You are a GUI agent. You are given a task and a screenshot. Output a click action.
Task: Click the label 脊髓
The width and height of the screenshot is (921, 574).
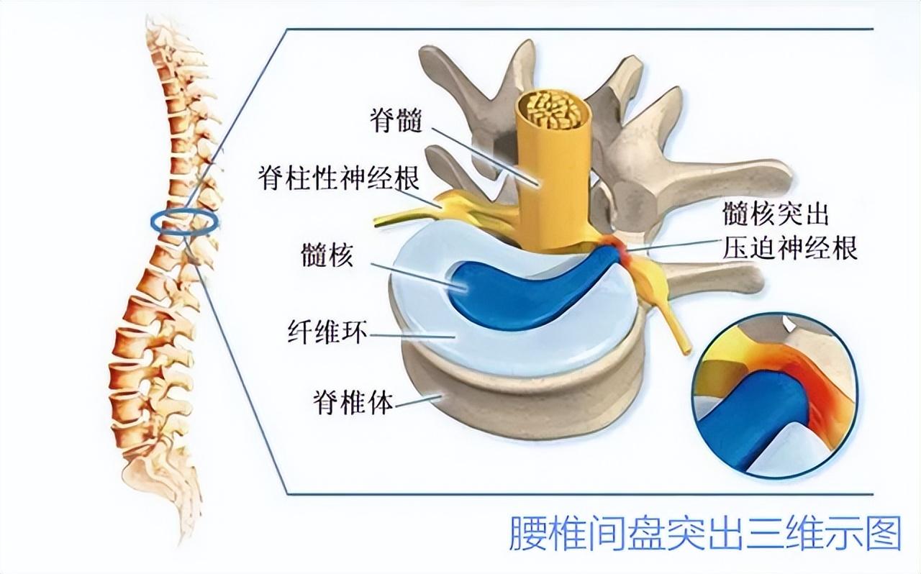[396, 120]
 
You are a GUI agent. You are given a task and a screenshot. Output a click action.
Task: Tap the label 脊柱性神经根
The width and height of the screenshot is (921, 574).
[339, 178]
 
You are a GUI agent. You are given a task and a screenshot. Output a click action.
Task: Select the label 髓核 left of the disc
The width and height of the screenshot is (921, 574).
[327, 255]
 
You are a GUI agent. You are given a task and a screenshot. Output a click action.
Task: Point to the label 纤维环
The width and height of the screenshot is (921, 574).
[327, 332]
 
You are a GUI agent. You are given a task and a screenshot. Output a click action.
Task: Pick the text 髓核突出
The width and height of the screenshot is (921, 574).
[776, 214]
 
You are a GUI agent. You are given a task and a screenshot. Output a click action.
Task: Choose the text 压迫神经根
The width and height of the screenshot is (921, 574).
[790, 247]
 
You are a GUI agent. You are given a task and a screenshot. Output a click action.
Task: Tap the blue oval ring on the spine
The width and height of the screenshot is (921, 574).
[184, 222]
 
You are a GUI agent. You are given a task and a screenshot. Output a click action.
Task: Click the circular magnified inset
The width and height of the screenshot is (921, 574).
[776, 396]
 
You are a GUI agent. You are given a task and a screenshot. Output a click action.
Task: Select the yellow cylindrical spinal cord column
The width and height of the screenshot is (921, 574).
[554, 173]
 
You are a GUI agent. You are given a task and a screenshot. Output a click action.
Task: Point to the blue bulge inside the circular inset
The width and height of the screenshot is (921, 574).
[753, 419]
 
